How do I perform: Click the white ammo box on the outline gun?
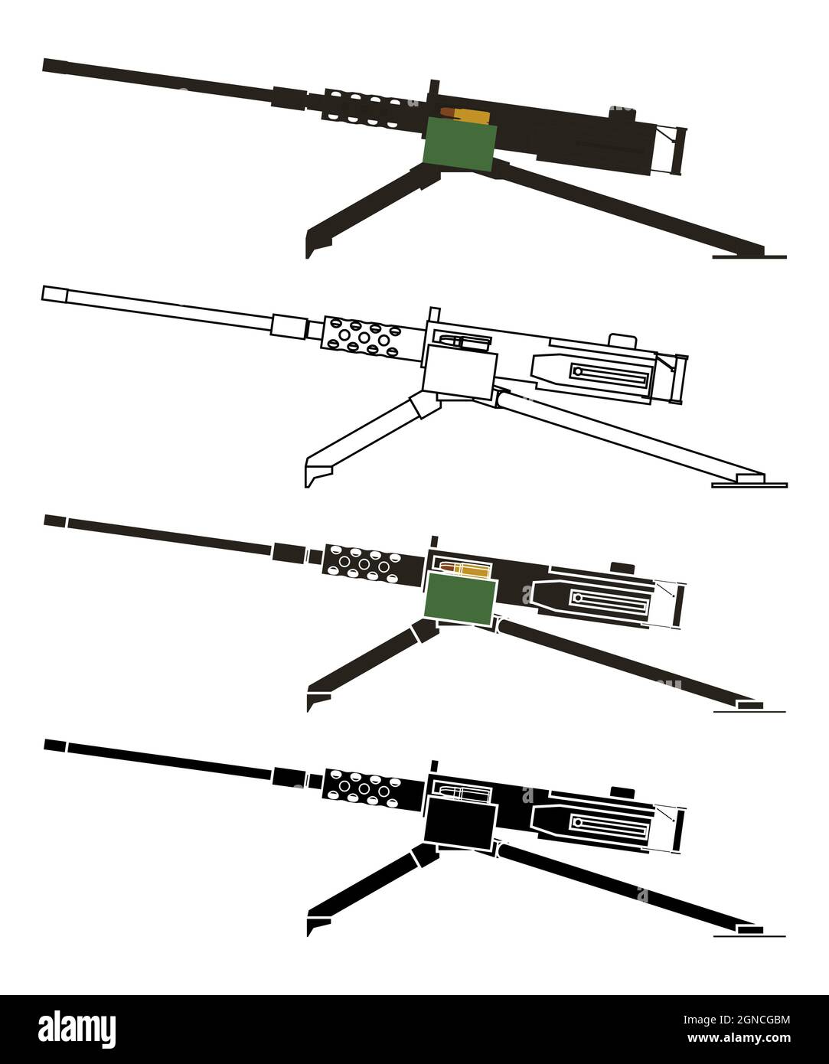click(458, 370)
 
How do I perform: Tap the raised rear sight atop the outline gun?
click(622, 341)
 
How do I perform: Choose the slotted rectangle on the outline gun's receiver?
click(611, 373)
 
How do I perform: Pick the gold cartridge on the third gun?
click(464, 570)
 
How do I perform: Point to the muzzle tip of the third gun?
click(54, 521)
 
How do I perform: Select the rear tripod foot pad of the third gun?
click(749, 703)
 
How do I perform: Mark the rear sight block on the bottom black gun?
click(622, 791)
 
